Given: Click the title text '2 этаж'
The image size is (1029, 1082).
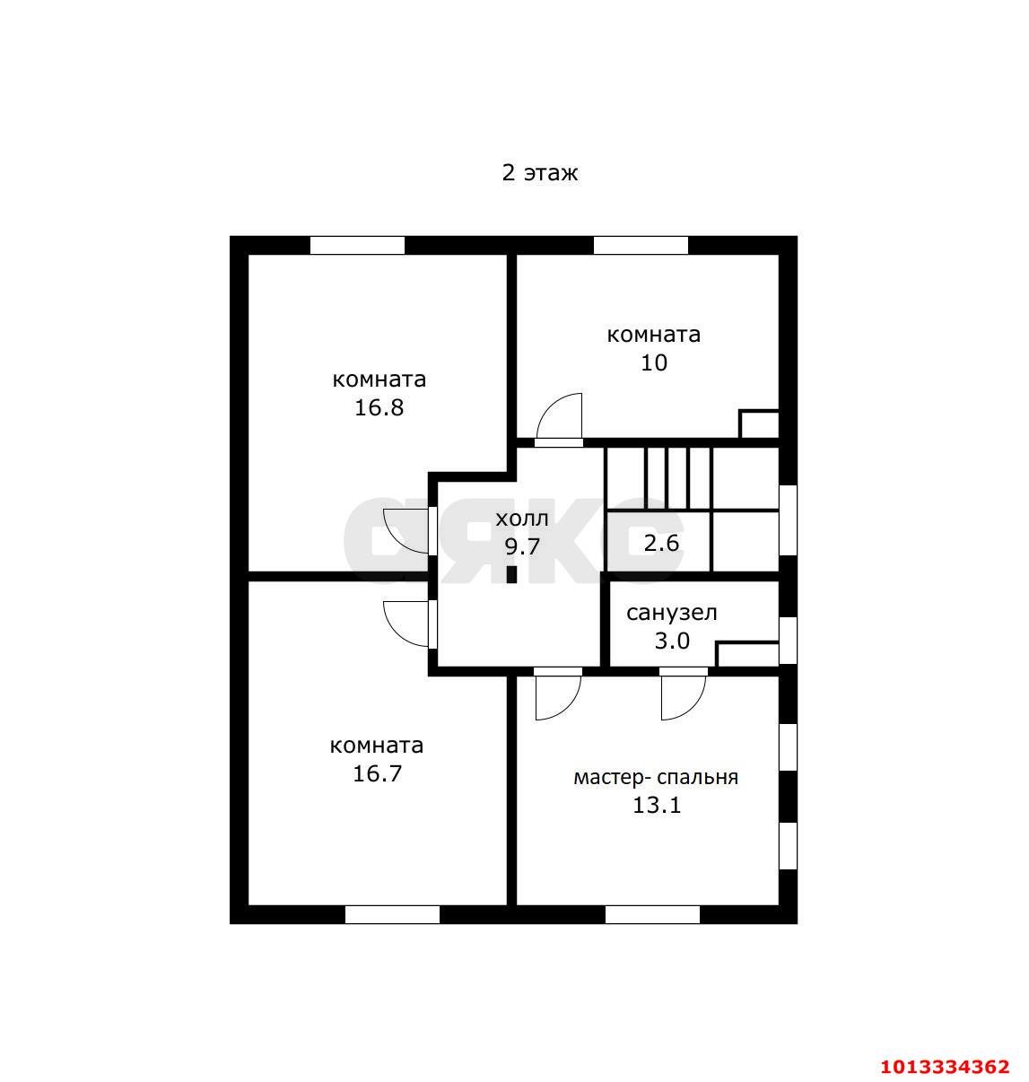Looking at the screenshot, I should pyautogui.click(x=539, y=172).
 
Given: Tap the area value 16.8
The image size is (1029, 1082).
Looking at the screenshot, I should pyautogui.click(x=379, y=408).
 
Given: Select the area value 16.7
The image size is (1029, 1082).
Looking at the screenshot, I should pyautogui.click(x=377, y=773).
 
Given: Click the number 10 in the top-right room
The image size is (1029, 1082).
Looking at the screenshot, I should pyautogui.click(x=654, y=363).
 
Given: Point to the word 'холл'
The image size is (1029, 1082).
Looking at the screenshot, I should pyautogui.click(x=521, y=518).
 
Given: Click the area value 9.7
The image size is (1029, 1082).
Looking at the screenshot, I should pyautogui.click(x=521, y=545).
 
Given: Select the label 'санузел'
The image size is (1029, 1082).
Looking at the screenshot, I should pyautogui.click(x=671, y=614).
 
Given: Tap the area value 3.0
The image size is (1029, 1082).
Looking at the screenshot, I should pyautogui.click(x=671, y=641).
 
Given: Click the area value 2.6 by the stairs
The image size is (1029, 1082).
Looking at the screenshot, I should pyautogui.click(x=661, y=543).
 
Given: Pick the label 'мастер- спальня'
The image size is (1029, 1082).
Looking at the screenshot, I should pyautogui.click(x=656, y=777).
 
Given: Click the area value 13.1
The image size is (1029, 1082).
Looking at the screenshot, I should pyautogui.click(x=657, y=805).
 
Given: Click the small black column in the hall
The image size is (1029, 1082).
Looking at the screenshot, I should pyautogui.click(x=512, y=574).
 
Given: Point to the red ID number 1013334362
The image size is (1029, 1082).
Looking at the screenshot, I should pyautogui.click(x=944, y=1067).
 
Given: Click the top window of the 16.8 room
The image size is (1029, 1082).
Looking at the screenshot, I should pyautogui.click(x=357, y=245).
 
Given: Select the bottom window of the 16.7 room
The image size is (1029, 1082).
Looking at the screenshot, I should pyautogui.click(x=392, y=914).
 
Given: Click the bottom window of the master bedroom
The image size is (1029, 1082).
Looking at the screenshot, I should pyautogui.click(x=652, y=914).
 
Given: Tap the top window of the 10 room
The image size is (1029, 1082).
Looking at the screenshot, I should pyautogui.click(x=641, y=245).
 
